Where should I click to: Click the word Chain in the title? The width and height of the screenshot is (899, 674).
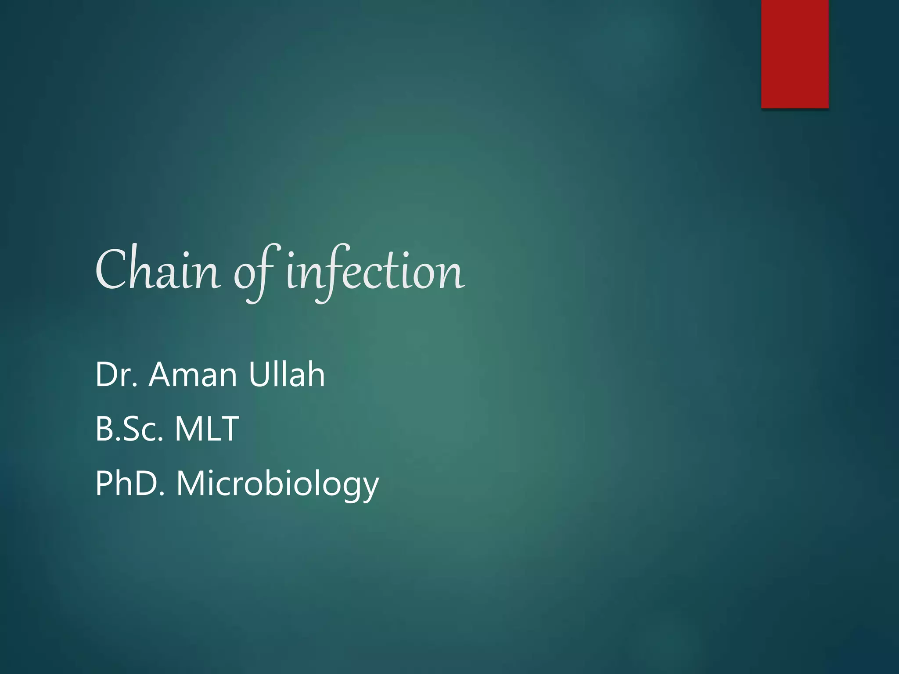tap(158, 270)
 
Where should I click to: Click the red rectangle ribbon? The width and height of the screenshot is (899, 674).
tap(795, 54)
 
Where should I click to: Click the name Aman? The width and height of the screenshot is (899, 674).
tap(193, 375)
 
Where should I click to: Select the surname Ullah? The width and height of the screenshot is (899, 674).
tap(286, 375)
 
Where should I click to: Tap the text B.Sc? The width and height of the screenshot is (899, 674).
tap(129, 429)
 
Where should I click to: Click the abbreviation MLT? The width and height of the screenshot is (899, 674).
tap(207, 429)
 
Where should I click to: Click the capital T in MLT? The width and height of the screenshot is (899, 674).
tap(230, 429)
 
